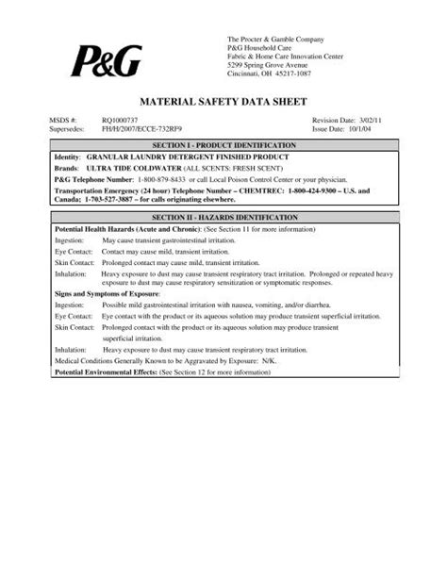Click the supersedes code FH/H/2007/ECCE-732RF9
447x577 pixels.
point(143,130)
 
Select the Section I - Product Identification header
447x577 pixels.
point(223,145)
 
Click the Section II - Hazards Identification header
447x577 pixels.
point(223,217)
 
